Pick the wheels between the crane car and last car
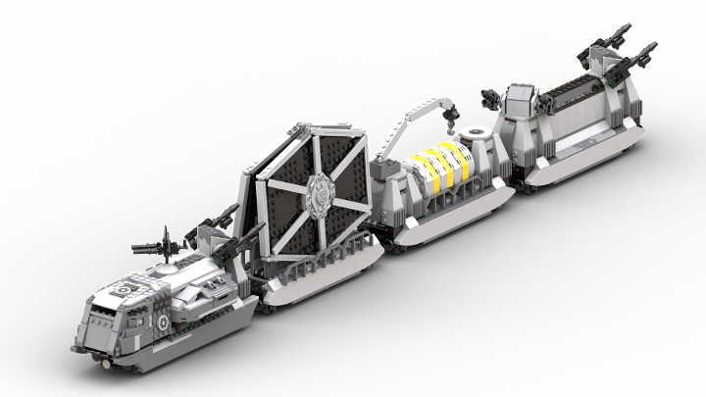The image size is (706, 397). pyautogui.click(x=509, y=182)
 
